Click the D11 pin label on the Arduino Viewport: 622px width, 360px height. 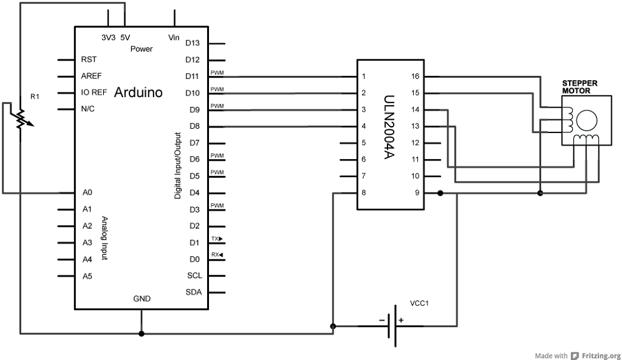(192, 76)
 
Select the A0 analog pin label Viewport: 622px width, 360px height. (87, 193)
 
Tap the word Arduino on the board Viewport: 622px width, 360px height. (139, 93)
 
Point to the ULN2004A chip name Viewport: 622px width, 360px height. (389, 127)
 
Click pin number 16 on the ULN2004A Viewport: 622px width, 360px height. (415, 76)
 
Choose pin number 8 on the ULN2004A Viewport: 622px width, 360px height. (364, 193)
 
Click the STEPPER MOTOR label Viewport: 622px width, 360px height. (580, 87)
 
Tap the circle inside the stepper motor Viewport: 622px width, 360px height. (587, 121)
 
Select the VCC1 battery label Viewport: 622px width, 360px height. (419, 303)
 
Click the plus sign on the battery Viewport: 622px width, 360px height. (401, 320)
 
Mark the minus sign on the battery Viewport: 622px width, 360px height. (382, 320)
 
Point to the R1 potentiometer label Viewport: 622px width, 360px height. (35, 97)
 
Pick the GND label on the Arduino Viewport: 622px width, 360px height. (142, 299)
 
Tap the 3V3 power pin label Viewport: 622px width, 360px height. (108, 38)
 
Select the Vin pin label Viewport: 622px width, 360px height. (174, 38)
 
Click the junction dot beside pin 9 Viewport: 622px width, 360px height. (440, 193)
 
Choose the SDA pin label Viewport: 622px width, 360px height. (193, 292)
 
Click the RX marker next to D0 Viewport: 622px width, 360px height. (217, 254)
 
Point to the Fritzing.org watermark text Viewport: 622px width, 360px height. (601, 356)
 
